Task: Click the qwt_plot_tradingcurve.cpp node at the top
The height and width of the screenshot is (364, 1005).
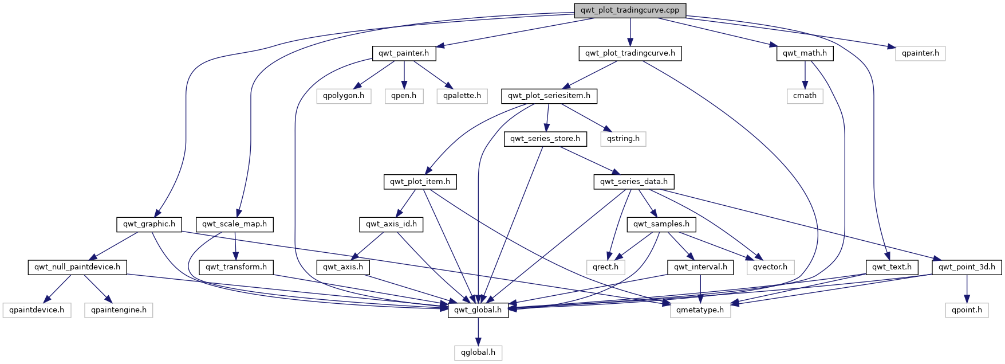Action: pos(630,10)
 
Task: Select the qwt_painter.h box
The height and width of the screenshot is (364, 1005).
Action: pos(404,53)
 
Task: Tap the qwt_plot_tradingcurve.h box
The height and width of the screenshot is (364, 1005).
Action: pos(630,53)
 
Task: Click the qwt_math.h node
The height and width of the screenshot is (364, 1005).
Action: pos(805,53)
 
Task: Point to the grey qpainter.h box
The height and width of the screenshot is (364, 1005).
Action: pos(920,53)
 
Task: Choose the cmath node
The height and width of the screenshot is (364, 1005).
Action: pos(805,96)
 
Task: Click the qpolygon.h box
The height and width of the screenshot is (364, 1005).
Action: pos(344,96)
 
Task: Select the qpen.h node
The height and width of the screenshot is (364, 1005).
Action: pos(404,96)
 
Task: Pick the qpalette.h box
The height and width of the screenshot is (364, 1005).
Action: pos(462,96)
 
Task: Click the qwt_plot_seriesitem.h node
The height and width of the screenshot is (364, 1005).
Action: pos(549,96)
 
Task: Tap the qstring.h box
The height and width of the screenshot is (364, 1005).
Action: pos(623,139)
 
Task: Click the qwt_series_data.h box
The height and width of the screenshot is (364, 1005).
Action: pos(634,182)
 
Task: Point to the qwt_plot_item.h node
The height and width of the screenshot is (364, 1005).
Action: pos(420,182)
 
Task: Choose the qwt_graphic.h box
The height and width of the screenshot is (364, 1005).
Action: pos(149,224)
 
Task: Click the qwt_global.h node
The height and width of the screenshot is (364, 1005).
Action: pos(478,310)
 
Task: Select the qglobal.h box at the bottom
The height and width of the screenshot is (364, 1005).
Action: pos(478,353)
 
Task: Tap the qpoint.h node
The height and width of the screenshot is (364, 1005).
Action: pos(967,310)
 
